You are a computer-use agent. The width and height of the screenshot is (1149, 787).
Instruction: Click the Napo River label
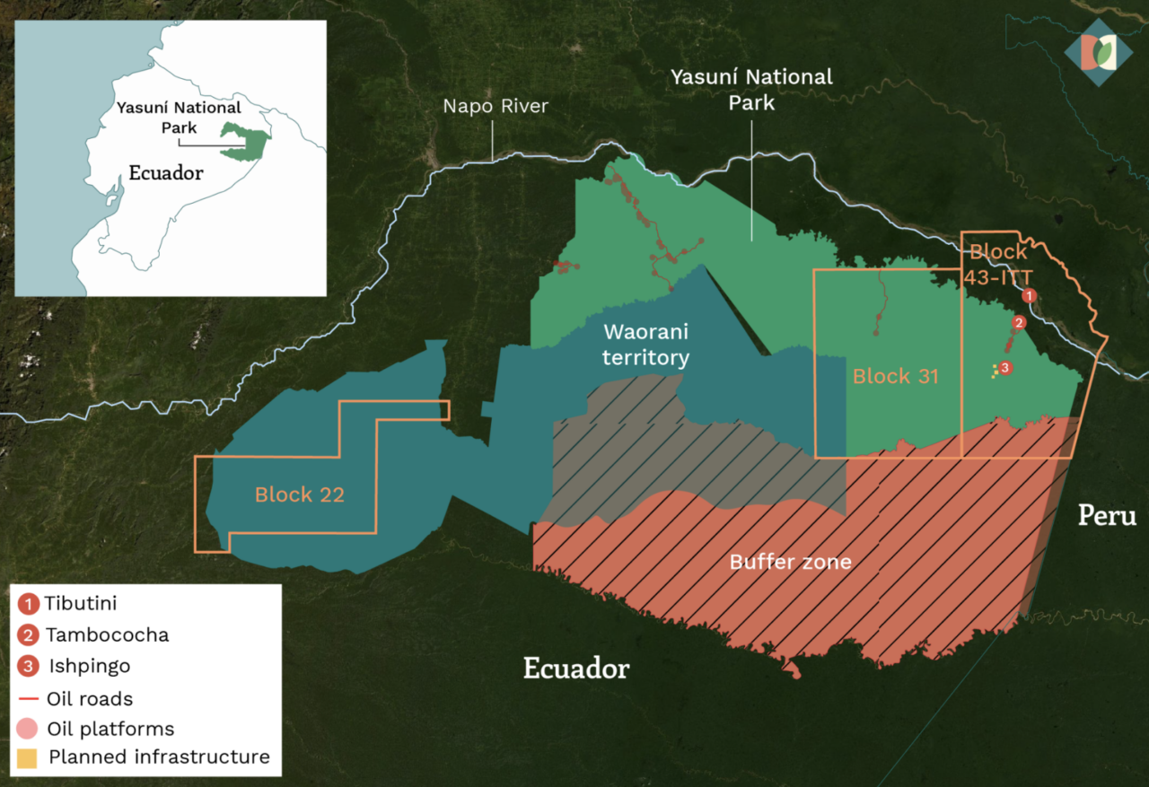coord(496,107)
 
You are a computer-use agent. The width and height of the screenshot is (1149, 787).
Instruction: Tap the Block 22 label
coord(299,494)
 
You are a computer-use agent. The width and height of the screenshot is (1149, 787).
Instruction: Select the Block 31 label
coord(895,376)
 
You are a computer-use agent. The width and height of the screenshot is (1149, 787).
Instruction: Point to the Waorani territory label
coord(645,345)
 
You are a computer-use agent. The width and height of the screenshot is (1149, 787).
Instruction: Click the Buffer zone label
coord(790,563)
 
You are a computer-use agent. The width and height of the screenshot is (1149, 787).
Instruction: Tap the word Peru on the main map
coord(1107,516)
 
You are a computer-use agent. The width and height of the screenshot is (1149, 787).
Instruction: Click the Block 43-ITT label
coord(998,265)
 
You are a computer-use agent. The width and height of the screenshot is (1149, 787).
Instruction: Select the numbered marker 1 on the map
coord(1030,294)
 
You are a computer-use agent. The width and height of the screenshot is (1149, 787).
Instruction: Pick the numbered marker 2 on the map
coord(1018,322)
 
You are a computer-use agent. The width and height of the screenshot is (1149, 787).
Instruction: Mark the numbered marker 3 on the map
coord(1005,367)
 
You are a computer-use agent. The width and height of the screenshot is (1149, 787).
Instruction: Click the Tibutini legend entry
coord(81,604)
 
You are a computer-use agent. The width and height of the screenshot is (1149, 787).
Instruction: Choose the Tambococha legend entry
coord(107,635)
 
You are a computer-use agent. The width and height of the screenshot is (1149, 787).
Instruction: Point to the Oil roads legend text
coord(90,698)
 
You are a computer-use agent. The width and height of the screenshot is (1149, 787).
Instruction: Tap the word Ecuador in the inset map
coord(166,173)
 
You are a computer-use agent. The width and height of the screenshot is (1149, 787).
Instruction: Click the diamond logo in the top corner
coord(1098,53)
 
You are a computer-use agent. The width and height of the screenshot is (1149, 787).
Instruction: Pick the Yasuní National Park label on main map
coord(751,90)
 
